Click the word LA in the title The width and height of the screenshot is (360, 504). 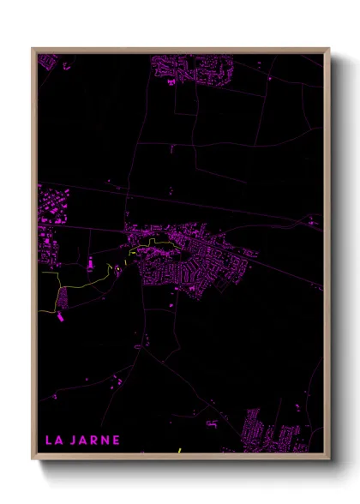(52, 441)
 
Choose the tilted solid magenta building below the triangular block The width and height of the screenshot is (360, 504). (61, 318)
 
